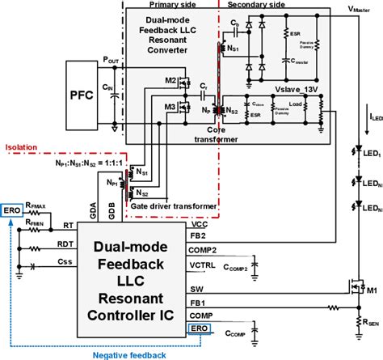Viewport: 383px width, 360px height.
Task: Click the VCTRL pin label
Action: point(203,264)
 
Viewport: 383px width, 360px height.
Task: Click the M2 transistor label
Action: point(170,80)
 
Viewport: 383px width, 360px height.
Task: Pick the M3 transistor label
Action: point(170,106)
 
